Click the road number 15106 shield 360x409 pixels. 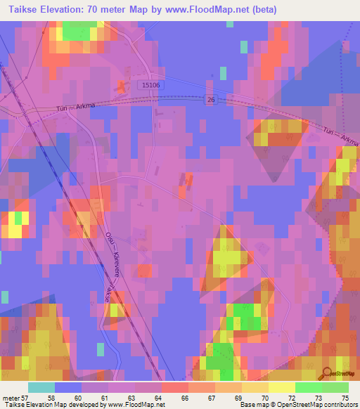click(151, 85)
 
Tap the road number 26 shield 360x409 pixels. click(210, 100)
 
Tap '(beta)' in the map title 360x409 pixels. click(260, 10)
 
